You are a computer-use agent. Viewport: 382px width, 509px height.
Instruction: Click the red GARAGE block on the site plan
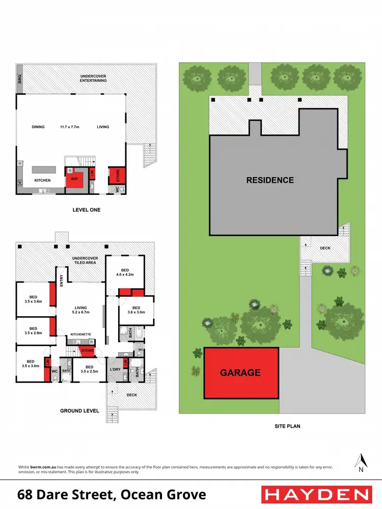241,373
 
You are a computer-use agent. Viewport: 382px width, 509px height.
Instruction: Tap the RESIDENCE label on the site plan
270,180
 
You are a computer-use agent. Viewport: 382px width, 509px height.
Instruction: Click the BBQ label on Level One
20,79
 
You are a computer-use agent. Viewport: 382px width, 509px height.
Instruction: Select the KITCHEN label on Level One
42,181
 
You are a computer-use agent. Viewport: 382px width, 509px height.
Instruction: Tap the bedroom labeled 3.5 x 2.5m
89,369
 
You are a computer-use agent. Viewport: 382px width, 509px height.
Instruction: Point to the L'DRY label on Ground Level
115,369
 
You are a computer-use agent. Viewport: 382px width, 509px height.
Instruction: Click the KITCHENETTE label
80,334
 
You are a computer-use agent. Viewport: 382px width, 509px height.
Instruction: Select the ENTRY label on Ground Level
61,280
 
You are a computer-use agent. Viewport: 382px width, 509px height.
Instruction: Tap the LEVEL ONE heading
86,210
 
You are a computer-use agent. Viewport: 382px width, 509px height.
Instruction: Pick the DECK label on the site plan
325,248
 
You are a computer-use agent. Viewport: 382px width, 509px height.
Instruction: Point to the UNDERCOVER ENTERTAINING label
93,78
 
